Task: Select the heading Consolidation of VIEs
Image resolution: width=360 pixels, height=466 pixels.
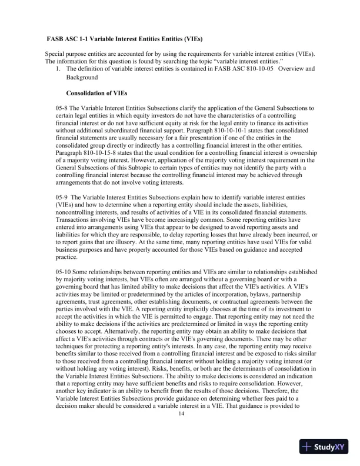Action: [96, 93]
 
